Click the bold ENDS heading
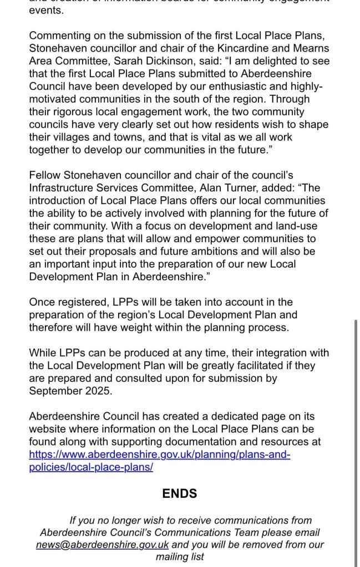179,493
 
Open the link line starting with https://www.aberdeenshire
160,454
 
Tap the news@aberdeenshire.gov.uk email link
103,544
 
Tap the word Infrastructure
63,188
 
